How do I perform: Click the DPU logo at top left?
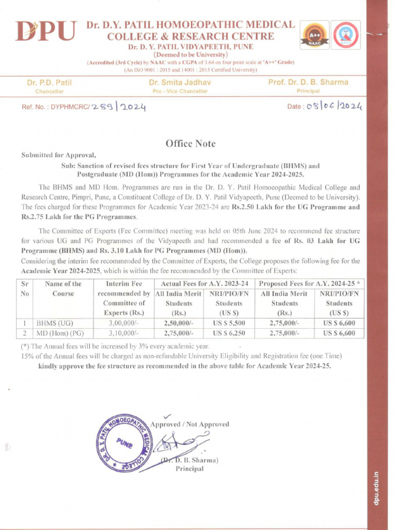point(45,32)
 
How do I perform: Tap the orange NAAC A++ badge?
point(314,36)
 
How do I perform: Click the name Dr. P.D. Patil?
point(49,83)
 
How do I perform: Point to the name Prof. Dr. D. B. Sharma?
point(308,82)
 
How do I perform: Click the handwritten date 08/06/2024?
point(334,107)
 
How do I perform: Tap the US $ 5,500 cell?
point(228,323)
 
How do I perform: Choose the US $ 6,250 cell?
point(228,333)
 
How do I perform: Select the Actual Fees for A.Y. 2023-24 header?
point(205,284)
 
